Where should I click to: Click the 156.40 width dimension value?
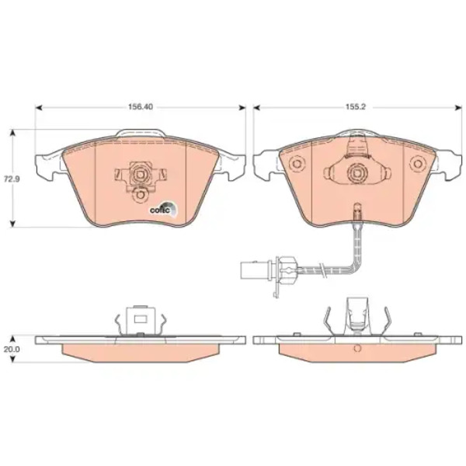coord(141,106)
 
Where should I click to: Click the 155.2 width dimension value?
coord(355,107)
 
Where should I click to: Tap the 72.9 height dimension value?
coord(12,179)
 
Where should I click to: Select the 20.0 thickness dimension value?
coord(12,349)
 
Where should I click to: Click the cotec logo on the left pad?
coord(163,209)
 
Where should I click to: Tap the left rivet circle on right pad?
coord(297,164)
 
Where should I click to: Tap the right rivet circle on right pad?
coord(418,164)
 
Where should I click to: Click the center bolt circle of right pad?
coord(357,172)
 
